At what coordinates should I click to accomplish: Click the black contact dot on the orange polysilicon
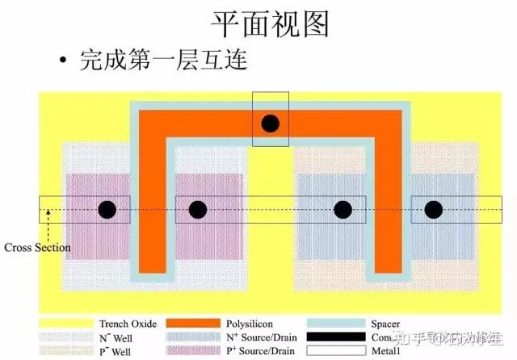[x=270, y=123]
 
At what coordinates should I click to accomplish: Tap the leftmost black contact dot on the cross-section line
[x=107, y=210]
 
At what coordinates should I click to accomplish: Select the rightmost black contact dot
[x=434, y=210]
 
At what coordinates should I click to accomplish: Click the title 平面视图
[x=271, y=23]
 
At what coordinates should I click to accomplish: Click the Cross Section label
[x=37, y=247]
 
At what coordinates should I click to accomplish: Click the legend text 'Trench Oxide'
[x=128, y=324]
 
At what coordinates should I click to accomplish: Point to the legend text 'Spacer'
[x=385, y=324]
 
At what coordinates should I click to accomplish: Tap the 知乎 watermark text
[x=420, y=339]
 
